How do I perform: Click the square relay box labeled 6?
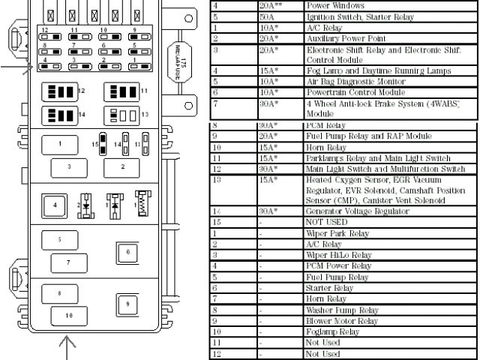128,252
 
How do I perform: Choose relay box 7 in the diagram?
69,262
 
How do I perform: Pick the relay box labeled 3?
69,166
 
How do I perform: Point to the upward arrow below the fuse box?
68,346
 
